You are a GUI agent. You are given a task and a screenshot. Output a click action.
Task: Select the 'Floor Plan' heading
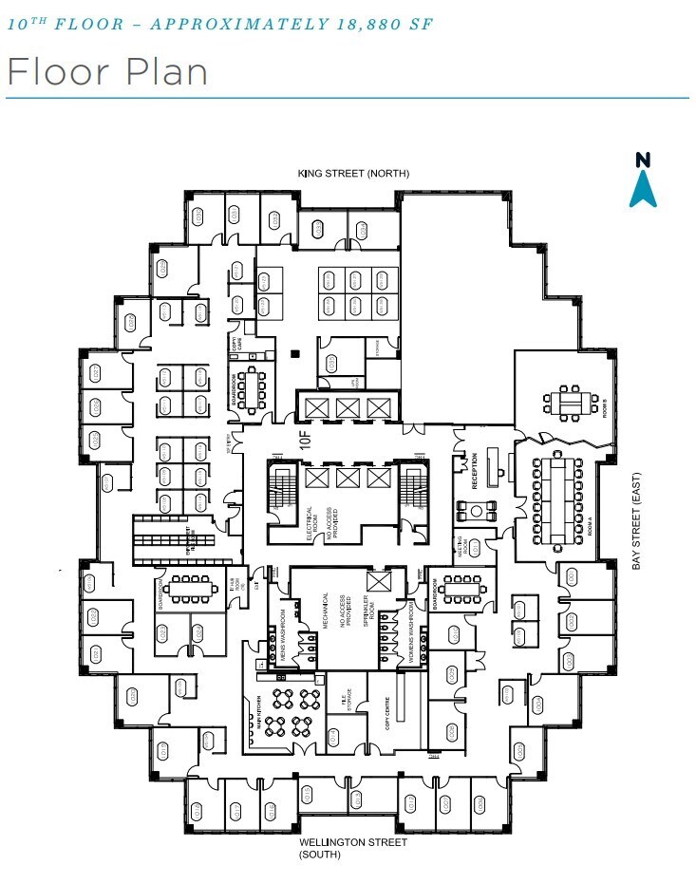[106, 72]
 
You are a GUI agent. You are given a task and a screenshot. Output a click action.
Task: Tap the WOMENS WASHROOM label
[410, 629]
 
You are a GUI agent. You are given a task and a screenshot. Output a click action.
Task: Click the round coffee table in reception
[475, 509]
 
